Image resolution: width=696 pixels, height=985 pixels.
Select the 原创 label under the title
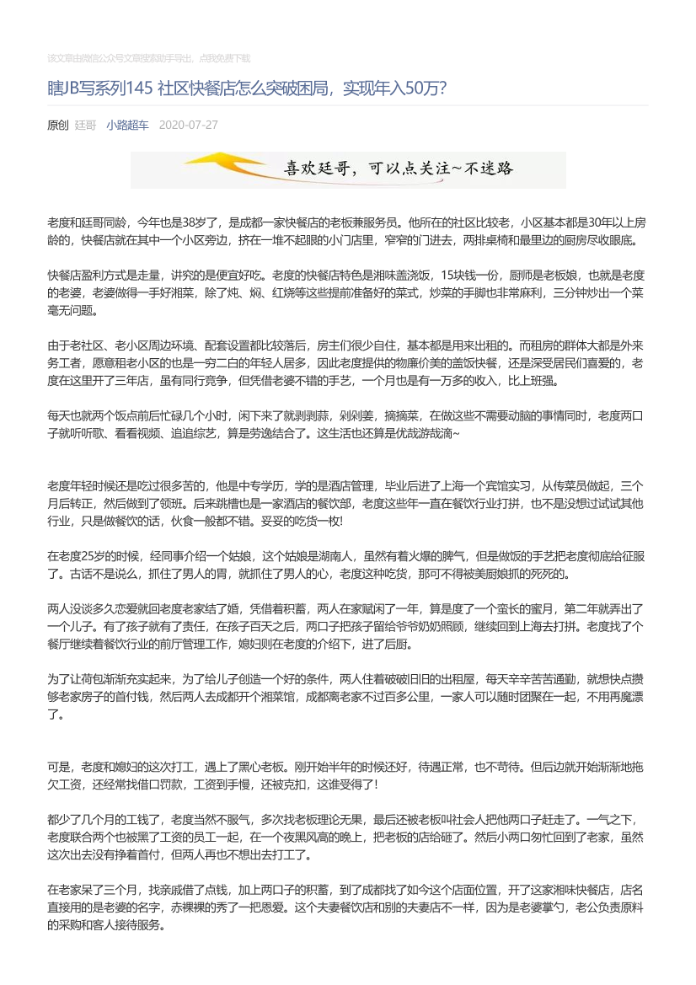[x=57, y=125]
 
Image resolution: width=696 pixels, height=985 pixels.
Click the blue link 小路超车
[x=127, y=125]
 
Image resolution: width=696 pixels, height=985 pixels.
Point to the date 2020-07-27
[x=188, y=125]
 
